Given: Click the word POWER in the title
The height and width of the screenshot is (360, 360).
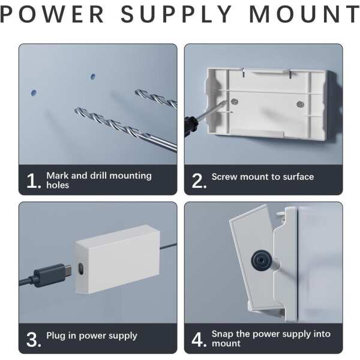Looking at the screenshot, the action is [x=52, y=14].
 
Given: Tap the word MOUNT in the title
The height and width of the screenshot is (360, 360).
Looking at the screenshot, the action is [x=305, y=14].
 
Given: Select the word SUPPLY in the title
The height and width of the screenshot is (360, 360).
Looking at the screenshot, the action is [x=176, y=14].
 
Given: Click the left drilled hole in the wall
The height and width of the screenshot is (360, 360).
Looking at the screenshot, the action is [x=34, y=92].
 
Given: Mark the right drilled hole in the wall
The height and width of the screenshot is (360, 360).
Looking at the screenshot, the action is [x=93, y=76].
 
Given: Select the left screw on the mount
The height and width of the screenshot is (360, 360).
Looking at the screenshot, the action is [x=235, y=101].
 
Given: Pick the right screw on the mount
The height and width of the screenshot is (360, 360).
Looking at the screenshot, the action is [x=300, y=104].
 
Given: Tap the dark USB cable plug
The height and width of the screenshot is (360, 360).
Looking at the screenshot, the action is [x=53, y=274].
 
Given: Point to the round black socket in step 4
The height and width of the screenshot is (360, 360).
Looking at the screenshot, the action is [x=261, y=260].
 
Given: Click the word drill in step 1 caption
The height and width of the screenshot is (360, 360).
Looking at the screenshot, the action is [x=98, y=176].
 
